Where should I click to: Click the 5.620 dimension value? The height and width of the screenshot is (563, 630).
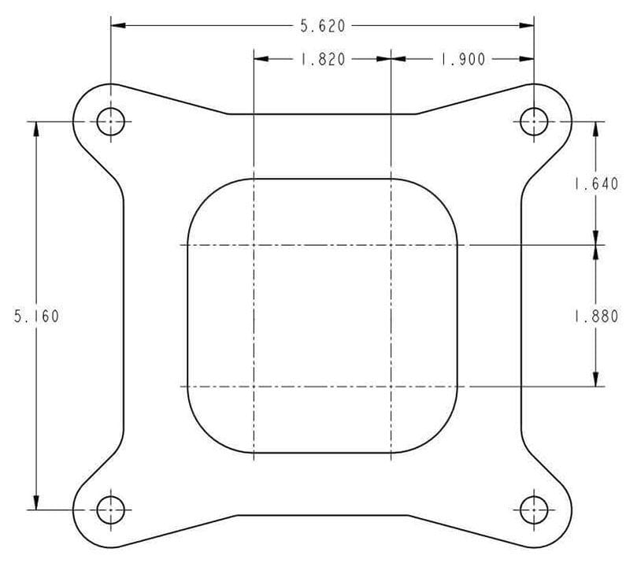322,26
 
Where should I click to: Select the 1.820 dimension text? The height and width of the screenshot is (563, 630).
322,59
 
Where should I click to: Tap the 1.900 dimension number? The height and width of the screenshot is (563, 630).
462,59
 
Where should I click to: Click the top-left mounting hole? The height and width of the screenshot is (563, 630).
110,121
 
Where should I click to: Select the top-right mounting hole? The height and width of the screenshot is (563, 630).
535,121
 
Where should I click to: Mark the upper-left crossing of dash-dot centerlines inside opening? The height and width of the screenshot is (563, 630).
254,245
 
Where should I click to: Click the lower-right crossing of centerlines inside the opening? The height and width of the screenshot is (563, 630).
391,387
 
